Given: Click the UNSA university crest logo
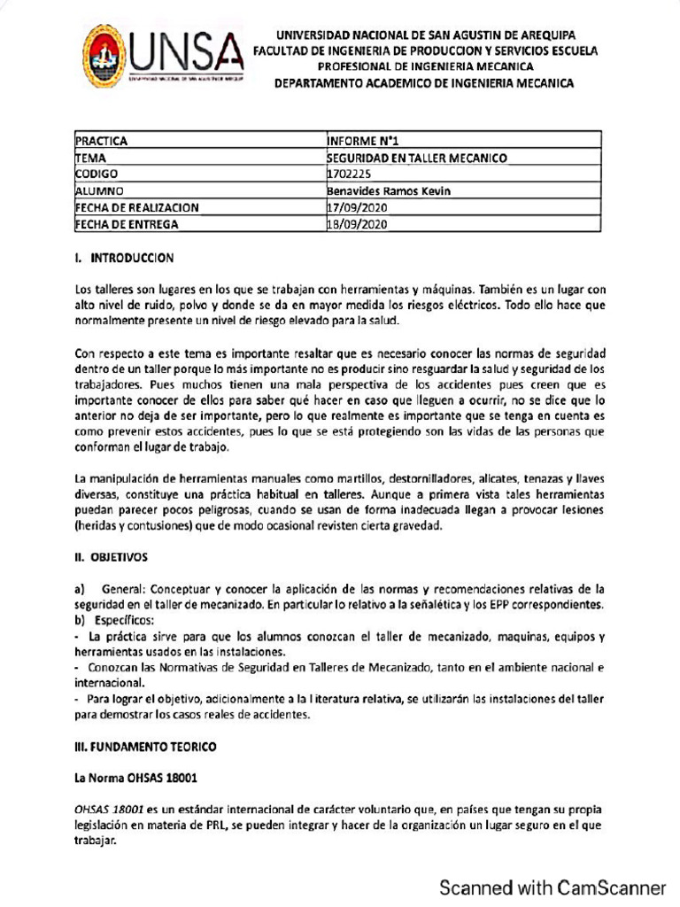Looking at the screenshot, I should (104, 57).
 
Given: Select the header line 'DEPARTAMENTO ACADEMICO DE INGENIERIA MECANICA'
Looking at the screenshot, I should (423, 83).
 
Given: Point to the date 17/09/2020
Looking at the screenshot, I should (358, 207).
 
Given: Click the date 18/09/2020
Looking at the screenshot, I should (358, 224).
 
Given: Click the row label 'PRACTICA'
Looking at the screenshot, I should (102, 141).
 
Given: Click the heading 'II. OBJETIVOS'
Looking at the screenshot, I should (118, 558).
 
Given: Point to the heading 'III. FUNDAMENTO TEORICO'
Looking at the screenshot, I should (144, 747).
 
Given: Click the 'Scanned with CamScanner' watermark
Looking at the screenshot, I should (552, 887).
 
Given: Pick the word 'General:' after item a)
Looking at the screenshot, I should (125, 589).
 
